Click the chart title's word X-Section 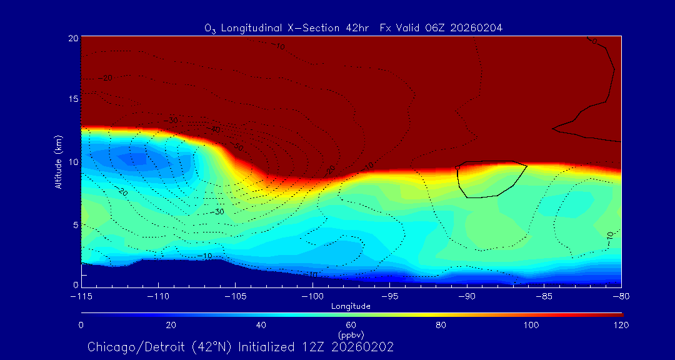coord(322,27)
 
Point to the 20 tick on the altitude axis coord(73,38)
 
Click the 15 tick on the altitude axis coord(73,99)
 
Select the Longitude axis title coord(351,306)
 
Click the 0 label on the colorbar coord(81,325)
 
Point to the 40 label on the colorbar coord(261,325)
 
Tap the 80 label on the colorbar coord(441,325)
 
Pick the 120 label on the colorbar coord(621,325)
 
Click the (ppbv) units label coord(351,335)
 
